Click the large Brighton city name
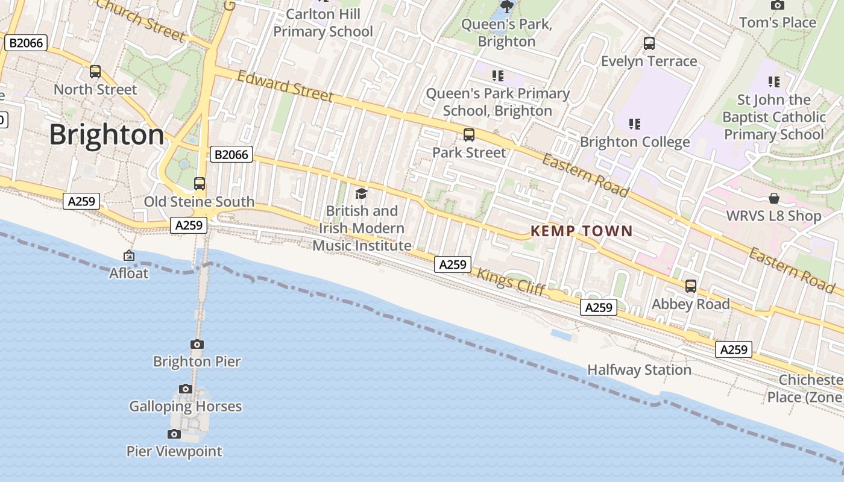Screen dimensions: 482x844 107,134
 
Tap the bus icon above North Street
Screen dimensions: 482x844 95,72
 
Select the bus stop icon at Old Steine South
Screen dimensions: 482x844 200,184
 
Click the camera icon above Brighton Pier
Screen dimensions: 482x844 197,344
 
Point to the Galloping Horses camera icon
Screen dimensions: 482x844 186,389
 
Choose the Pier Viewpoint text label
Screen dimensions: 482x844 174,451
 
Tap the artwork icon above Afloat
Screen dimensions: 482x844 129,256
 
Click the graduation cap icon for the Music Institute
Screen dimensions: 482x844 361,193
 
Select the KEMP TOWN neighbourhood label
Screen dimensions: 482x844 582,231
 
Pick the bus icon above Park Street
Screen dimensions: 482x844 469,135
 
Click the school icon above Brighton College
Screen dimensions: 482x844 634,124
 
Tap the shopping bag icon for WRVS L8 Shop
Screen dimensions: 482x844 774,198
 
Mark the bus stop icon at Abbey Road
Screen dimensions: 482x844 691,286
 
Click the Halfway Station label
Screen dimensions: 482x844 639,369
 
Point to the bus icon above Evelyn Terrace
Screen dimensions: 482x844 649,43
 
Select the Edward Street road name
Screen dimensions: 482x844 285,86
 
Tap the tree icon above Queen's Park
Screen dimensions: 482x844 507,7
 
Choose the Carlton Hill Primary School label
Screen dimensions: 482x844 323,23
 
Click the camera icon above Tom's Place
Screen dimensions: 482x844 778,5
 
